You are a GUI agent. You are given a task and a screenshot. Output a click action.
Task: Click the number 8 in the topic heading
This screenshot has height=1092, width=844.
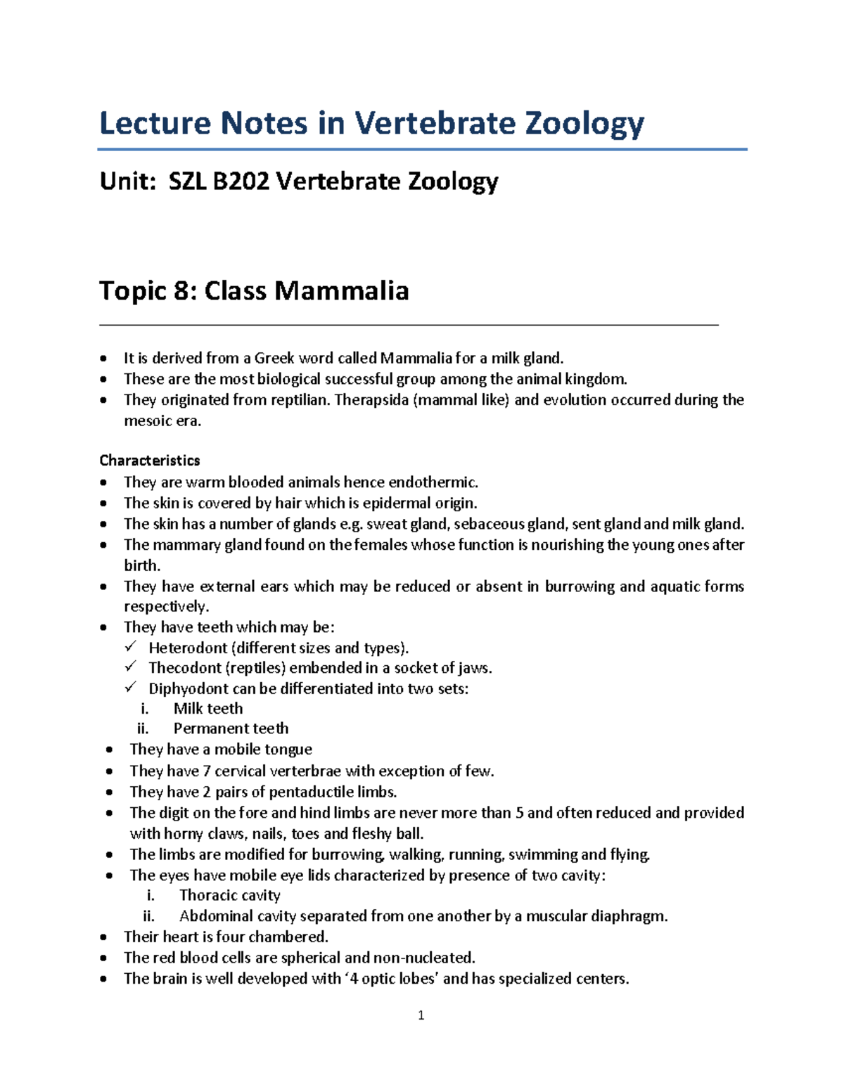pos(184,290)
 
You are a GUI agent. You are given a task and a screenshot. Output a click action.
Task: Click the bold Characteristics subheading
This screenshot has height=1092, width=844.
pos(149,461)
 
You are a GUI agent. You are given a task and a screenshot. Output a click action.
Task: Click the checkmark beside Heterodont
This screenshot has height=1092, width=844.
pos(131,647)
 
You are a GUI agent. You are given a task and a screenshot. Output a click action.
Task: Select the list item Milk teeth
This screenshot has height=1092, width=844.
pos(208,709)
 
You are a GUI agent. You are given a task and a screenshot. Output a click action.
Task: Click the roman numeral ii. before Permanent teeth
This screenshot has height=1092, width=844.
pos(143,728)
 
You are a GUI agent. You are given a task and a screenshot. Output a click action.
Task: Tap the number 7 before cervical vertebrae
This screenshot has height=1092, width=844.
pos(206,771)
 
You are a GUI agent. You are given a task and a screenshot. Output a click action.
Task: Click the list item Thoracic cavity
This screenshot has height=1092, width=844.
pos(229,895)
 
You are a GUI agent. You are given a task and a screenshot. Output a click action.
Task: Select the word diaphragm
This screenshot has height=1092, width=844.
pos(627,916)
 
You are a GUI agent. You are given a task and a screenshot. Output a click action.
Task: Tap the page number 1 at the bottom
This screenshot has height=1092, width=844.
pos(421,1015)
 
